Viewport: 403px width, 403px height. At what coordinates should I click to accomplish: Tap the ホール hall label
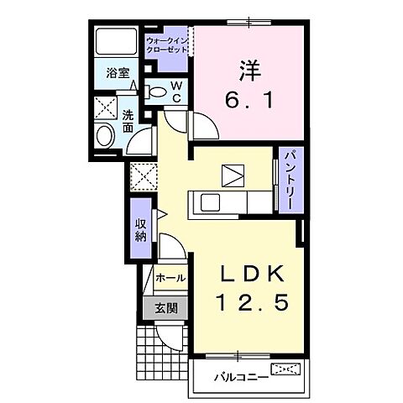click(x=170, y=277)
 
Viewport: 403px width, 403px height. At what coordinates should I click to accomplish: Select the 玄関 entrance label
click(x=165, y=307)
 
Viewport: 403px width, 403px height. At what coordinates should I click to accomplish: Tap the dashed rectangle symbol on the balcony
click(x=285, y=369)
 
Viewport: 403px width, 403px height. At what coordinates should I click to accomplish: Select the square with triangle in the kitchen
click(x=233, y=175)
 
